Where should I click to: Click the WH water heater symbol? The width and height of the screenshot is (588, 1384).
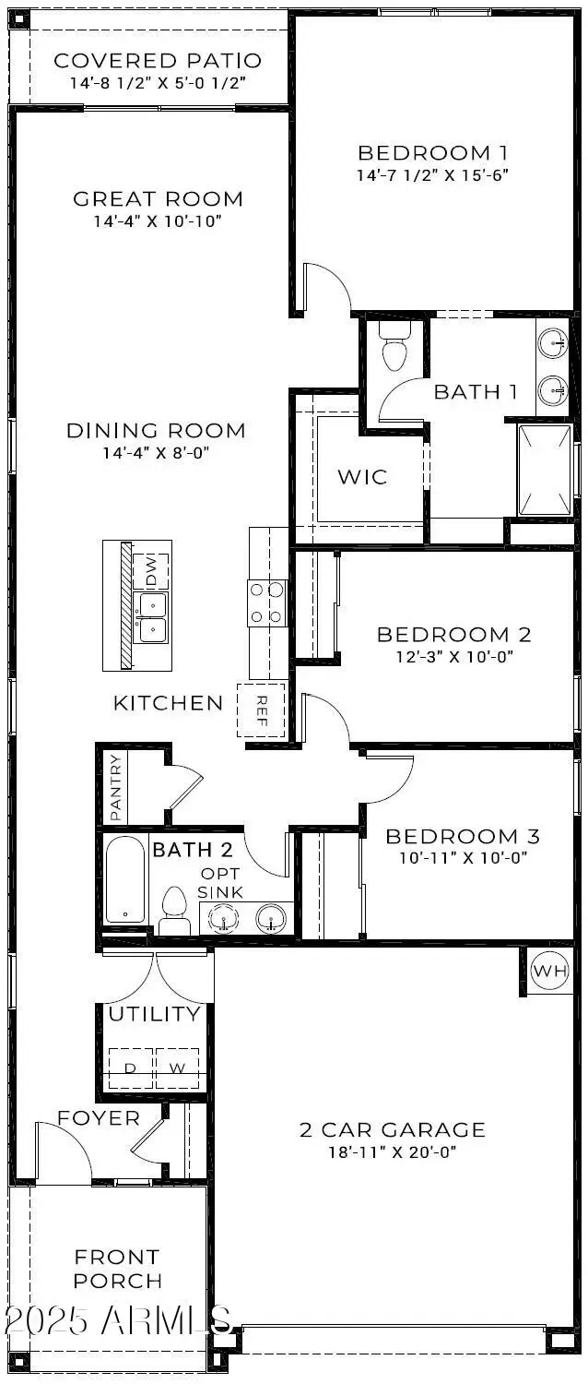(550, 971)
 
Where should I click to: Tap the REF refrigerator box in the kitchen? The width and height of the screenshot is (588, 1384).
(261, 710)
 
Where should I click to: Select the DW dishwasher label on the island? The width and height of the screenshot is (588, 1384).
(151, 572)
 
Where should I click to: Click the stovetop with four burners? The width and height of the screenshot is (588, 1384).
(266, 603)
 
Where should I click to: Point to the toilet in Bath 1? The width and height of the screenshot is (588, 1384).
(394, 348)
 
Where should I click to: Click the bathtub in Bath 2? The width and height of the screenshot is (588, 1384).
(124, 878)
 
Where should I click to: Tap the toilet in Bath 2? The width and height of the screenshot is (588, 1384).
(173, 911)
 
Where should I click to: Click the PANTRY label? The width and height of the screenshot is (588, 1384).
(116, 787)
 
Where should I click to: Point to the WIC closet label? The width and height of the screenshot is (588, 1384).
(362, 477)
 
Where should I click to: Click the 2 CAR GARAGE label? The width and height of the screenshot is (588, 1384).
(392, 1129)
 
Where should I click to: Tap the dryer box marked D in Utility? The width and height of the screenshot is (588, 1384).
(131, 1068)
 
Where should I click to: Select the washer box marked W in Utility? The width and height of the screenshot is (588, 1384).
(177, 1068)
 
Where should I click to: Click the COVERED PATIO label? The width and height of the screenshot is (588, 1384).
(158, 61)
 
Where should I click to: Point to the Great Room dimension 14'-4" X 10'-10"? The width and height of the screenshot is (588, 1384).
(158, 221)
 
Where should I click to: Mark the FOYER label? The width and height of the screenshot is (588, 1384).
(99, 1118)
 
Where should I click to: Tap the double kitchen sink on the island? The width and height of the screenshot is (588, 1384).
(151, 617)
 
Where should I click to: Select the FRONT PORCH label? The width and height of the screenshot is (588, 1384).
(118, 1269)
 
